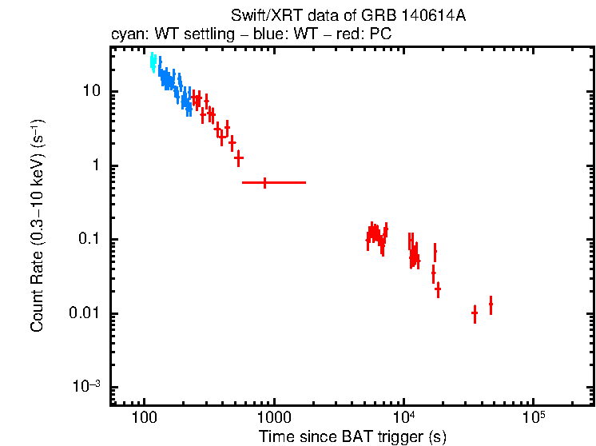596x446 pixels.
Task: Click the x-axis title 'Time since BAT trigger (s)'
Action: coord(352,436)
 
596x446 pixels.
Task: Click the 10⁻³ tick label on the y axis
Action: coord(86,387)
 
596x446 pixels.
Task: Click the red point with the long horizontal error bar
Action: coord(265,182)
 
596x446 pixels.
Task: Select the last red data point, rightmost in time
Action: coord(491,305)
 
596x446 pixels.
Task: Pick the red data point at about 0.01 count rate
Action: coord(475,313)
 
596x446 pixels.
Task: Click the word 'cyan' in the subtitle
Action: coord(125,35)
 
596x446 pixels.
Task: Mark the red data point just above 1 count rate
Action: coord(238,157)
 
